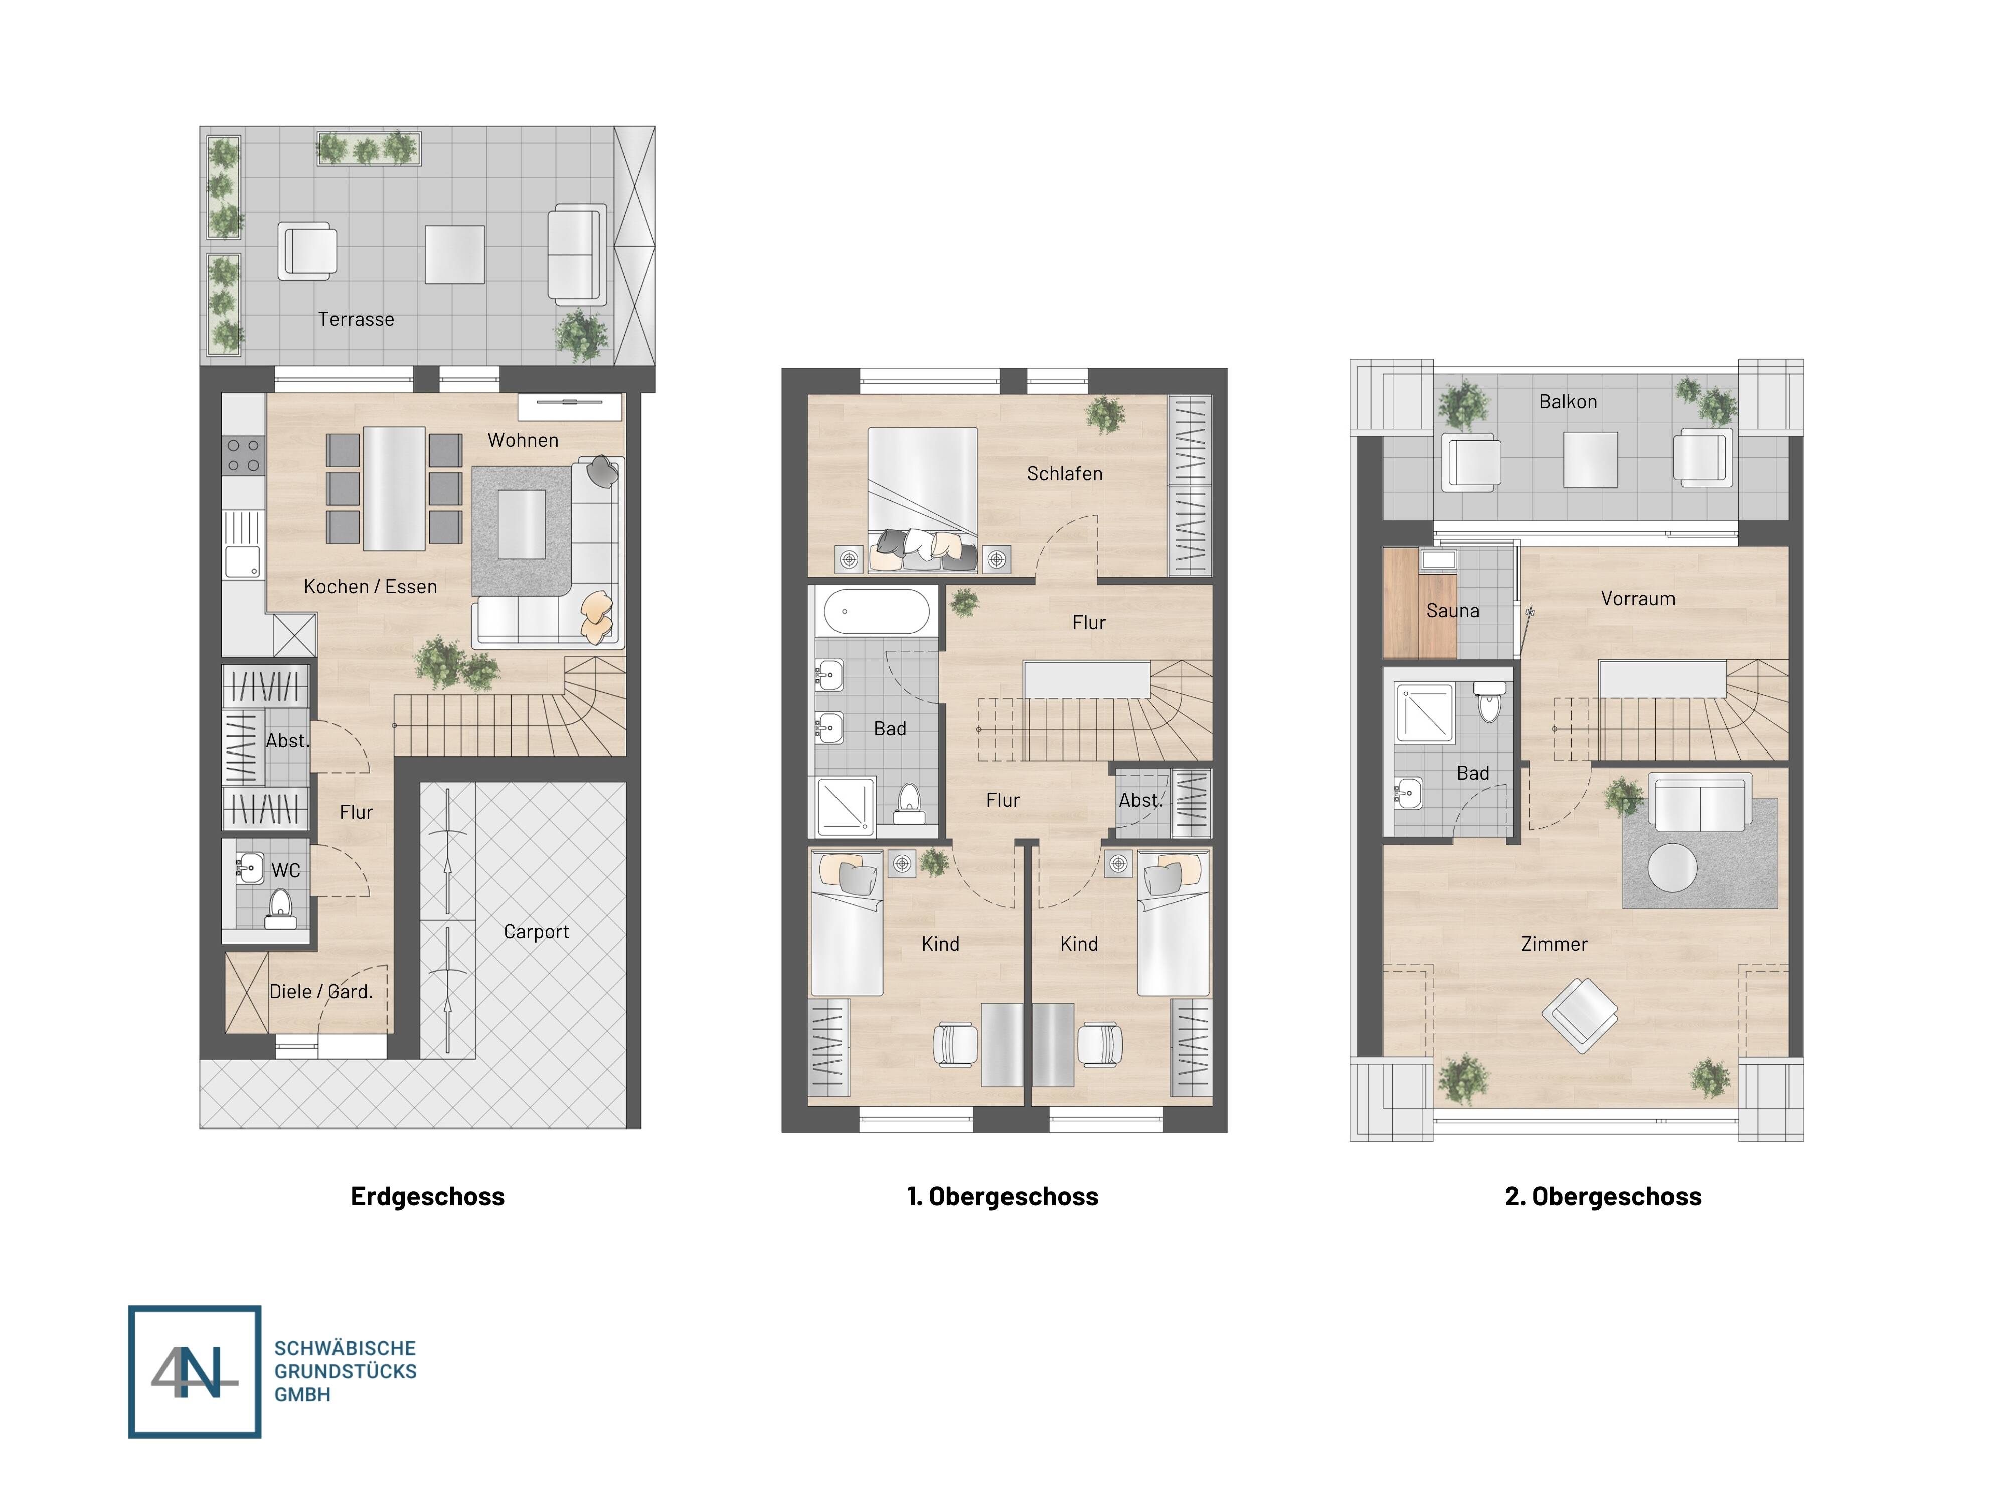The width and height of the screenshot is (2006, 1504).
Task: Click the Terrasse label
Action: [356, 319]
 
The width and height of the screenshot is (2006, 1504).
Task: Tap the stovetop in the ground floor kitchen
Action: [243, 455]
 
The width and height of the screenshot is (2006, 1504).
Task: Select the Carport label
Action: [536, 932]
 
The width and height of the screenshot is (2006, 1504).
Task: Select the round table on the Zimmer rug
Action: [1671, 868]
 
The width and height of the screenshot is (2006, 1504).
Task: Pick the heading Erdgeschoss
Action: [427, 1197]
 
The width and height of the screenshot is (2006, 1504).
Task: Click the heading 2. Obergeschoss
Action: [1602, 1197]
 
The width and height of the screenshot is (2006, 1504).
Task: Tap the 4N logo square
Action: [195, 1372]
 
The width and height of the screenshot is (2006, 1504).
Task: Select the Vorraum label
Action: [1638, 598]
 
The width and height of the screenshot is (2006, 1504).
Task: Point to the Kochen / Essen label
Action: [370, 587]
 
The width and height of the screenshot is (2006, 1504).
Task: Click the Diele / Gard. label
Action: [321, 992]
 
